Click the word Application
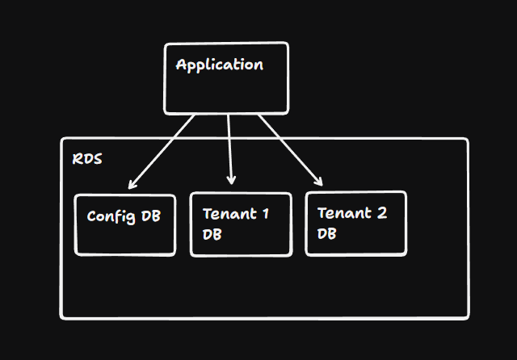click(219, 65)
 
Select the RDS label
click(87, 159)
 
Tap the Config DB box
click(124, 225)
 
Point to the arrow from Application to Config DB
click(162, 150)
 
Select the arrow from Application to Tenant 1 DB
click(230, 149)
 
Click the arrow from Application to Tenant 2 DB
click(291, 150)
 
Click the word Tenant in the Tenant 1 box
click(225, 214)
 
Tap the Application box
click(226, 93)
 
